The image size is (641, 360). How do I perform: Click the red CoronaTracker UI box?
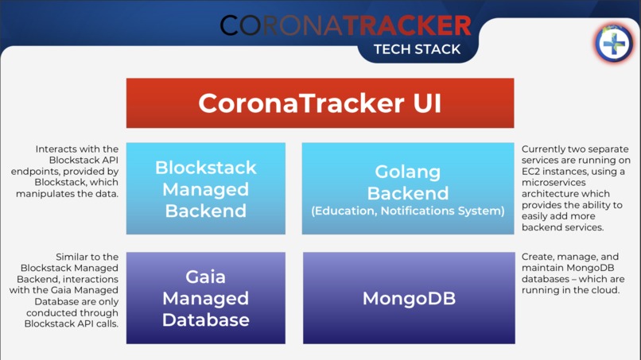(x=320, y=103)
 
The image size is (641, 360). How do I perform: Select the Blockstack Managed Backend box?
(x=205, y=189)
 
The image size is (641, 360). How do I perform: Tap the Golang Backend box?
(x=408, y=188)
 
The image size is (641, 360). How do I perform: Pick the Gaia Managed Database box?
(x=205, y=298)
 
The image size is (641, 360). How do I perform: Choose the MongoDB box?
(x=408, y=298)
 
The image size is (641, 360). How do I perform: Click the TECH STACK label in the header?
(x=418, y=48)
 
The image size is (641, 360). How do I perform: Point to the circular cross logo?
(x=614, y=43)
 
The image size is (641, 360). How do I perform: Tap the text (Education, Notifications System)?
(x=408, y=211)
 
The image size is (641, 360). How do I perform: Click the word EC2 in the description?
(x=531, y=172)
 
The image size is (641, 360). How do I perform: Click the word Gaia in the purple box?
(x=205, y=277)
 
